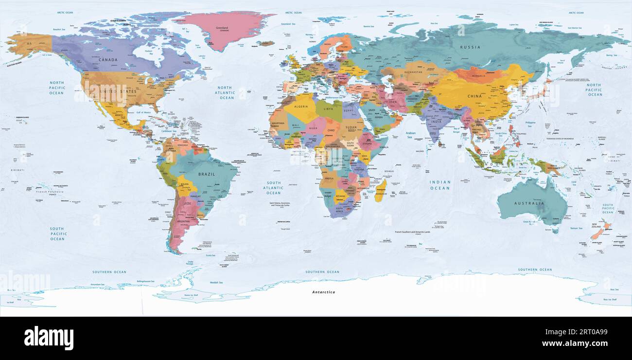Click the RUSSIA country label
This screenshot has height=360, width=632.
point(471,47)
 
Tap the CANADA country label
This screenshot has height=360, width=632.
point(108,60)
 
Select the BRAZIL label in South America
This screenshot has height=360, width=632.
point(206,174)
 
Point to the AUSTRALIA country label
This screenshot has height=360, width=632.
point(529,203)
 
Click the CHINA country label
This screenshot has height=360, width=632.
point(474,96)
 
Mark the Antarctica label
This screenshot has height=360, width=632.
point(323,292)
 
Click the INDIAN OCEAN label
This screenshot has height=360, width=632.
point(439,185)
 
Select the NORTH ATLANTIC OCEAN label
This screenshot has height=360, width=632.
point(227,92)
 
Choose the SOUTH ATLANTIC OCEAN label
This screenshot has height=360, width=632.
point(273,187)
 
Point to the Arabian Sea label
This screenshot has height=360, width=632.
point(411,135)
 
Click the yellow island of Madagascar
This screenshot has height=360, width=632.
point(380,190)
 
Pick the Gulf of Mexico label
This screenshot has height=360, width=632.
point(145,112)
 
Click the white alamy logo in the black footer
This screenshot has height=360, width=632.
point(49,338)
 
